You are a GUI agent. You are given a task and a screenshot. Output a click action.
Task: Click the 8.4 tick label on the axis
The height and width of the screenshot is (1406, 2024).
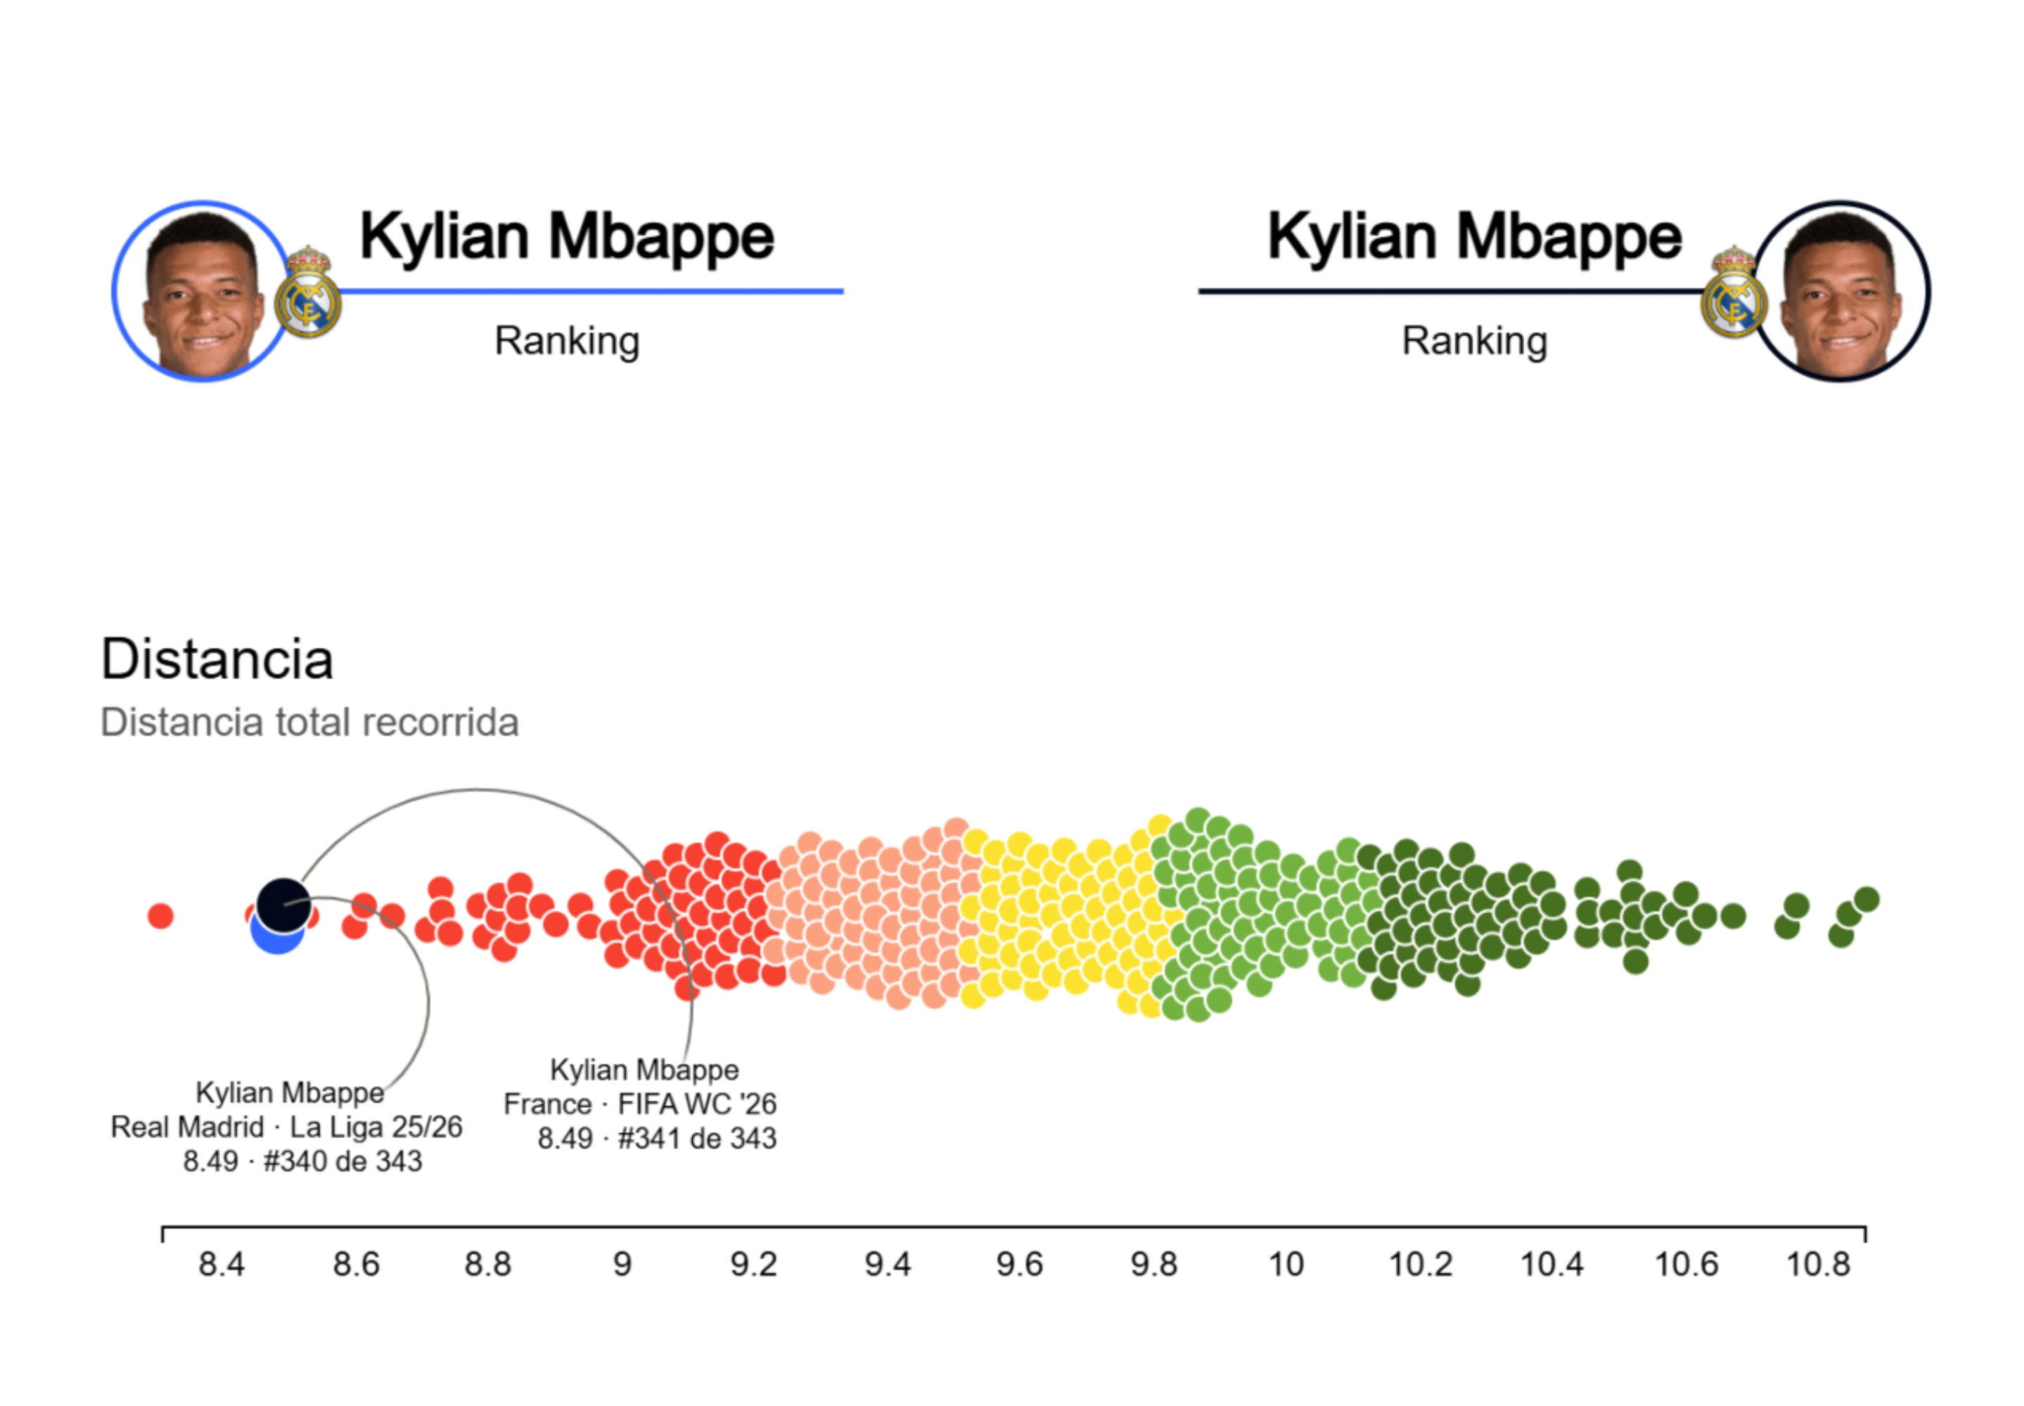pyautogui.click(x=220, y=1265)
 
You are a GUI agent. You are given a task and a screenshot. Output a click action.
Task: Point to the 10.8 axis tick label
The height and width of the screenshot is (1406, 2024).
pyautogui.click(x=1818, y=1265)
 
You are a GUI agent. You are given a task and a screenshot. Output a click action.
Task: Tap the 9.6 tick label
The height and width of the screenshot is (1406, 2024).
pyautogui.click(x=1020, y=1265)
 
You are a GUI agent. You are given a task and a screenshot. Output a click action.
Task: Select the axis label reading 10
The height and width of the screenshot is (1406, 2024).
pyautogui.click(x=1286, y=1265)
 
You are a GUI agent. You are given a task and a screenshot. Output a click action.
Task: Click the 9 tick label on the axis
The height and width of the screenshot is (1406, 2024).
pyautogui.click(x=622, y=1265)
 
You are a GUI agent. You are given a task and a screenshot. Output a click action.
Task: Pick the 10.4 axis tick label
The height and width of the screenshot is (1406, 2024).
pyautogui.click(x=1551, y=1265)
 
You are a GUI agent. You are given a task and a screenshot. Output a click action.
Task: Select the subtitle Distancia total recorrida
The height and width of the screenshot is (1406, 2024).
pyautogui.click(x=309, y=723)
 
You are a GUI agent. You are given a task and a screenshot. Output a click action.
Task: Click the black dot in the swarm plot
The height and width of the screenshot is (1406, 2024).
pyautogui.click(x=283, y=905)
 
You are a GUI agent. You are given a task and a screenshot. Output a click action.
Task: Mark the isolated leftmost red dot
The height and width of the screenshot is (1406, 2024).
pyautogui.click(x=160, y=916)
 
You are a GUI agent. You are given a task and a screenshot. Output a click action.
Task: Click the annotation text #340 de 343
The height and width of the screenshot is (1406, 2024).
pyautogui.click(x=342, y=1161)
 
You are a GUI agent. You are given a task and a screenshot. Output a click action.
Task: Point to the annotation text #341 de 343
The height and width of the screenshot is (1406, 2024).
pyautogui.click(x=697, y=1138)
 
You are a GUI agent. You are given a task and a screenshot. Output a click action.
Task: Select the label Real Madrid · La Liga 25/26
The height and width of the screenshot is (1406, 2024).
pyautogui.click(x=286, y=1127)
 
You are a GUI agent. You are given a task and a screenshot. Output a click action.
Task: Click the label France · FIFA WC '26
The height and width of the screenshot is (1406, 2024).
pyautogui.click(x=640, y=1104)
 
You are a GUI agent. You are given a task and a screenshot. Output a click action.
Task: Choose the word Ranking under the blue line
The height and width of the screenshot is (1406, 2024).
pyautogui.click(x=567, y=341)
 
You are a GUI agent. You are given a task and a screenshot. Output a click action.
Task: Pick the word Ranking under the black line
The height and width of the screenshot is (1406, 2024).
pyautogui.click(x=1474, y=341)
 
